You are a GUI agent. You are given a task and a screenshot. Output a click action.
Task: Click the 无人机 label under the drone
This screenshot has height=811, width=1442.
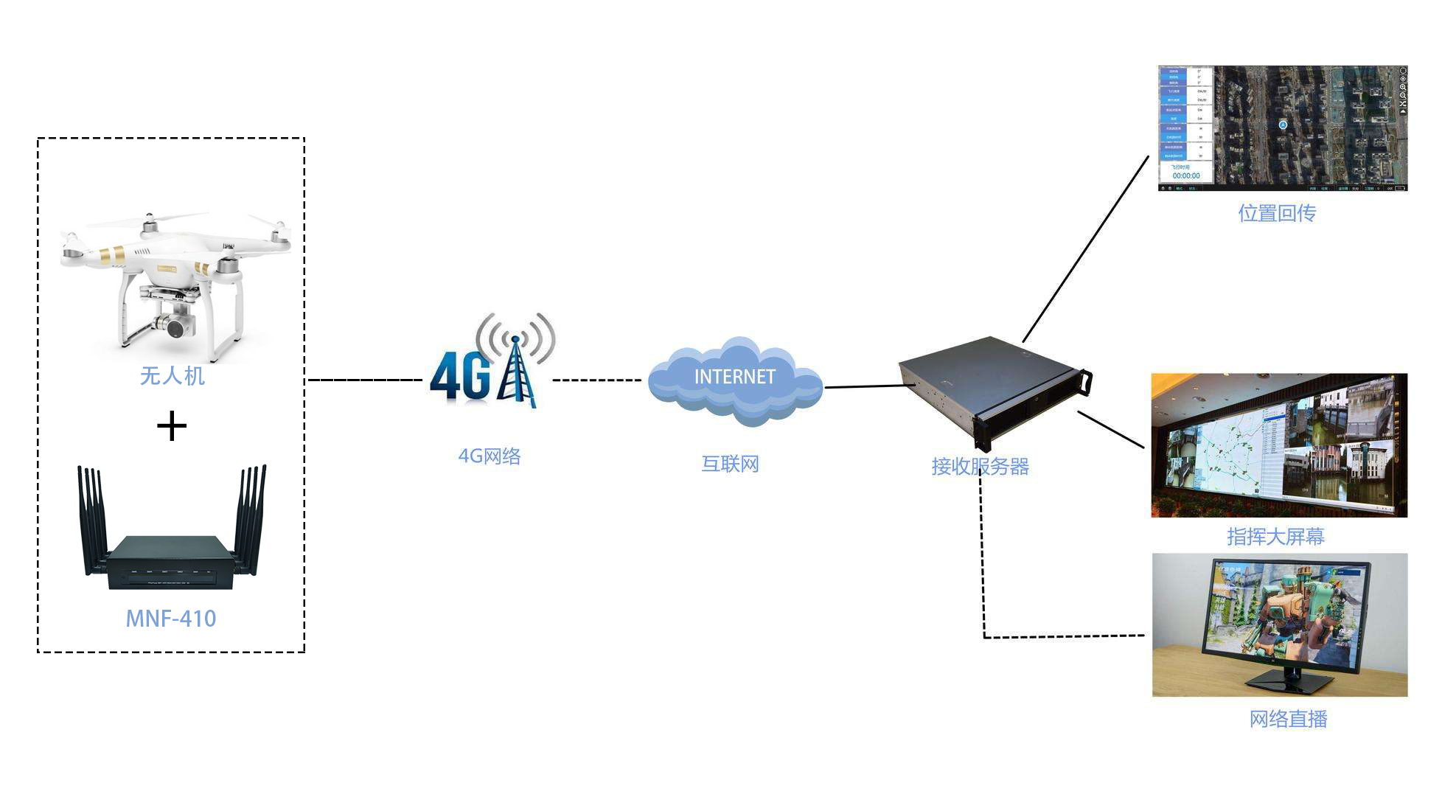point(172,376)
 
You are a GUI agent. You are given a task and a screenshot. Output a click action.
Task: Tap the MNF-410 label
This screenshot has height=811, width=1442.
point(171,619)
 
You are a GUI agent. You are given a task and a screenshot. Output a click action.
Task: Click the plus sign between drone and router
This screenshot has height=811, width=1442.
point(172,426)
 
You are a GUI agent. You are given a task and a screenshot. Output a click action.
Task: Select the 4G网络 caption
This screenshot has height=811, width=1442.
point(490,456)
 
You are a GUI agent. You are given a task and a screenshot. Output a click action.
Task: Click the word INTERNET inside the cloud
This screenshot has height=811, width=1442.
point(734,377)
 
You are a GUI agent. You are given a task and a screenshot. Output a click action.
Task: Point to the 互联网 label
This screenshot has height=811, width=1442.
point(730,464)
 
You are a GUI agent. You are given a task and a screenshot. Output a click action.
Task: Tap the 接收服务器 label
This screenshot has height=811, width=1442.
point(980,467)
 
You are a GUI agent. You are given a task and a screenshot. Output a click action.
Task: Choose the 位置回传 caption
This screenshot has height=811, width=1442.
point(1277,214)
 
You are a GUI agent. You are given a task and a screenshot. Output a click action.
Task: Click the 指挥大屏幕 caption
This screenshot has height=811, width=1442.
point(1275,536)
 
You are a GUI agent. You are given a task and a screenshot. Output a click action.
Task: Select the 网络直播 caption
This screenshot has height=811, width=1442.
point(1288,719)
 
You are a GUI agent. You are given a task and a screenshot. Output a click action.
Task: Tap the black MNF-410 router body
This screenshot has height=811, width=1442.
point(170,562)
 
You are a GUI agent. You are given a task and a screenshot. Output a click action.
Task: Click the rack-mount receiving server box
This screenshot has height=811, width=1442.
point(992,387)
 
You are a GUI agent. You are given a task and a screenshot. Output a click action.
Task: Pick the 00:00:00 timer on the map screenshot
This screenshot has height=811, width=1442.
point(1186,176)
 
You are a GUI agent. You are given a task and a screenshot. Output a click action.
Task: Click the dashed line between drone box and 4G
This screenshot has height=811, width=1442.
point(365,380)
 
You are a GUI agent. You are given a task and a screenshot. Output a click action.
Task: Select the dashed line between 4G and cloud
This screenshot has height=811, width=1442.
point(597,380)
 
